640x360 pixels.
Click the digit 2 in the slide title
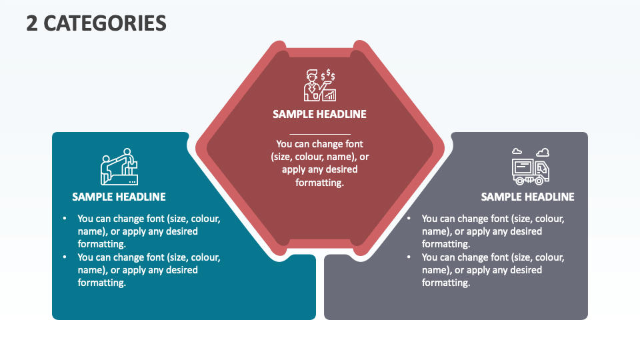[x=32, y=23]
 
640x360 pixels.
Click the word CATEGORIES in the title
[x=105, y=23]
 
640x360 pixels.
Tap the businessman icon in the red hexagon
[x=319, y=85]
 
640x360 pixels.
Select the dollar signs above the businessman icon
[x=328, y=75]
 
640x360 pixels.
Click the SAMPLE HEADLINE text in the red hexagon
[x=319, y=114]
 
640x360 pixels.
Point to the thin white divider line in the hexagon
[x=320, y=134]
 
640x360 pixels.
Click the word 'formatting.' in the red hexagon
[x=319, y=183]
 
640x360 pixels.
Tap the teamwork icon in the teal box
[x=119, y=167]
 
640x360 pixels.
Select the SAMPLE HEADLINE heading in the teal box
[x=119, y=197]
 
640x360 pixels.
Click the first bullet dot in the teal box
[x=65, y=219]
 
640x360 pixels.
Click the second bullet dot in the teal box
[x=65, y=257]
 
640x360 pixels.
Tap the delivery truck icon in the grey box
[x=531, y=167]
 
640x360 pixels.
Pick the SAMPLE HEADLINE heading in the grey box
[x=527, y=197]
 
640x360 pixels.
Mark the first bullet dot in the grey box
[x=409, y=219]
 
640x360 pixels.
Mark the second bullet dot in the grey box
[x=409, y=257]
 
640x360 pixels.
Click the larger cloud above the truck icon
[x=543, y=153]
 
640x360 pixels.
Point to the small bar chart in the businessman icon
[x=329, y=95]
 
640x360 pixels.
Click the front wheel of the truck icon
[x=539, y=180]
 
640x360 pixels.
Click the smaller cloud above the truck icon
[x=517, y=151]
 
